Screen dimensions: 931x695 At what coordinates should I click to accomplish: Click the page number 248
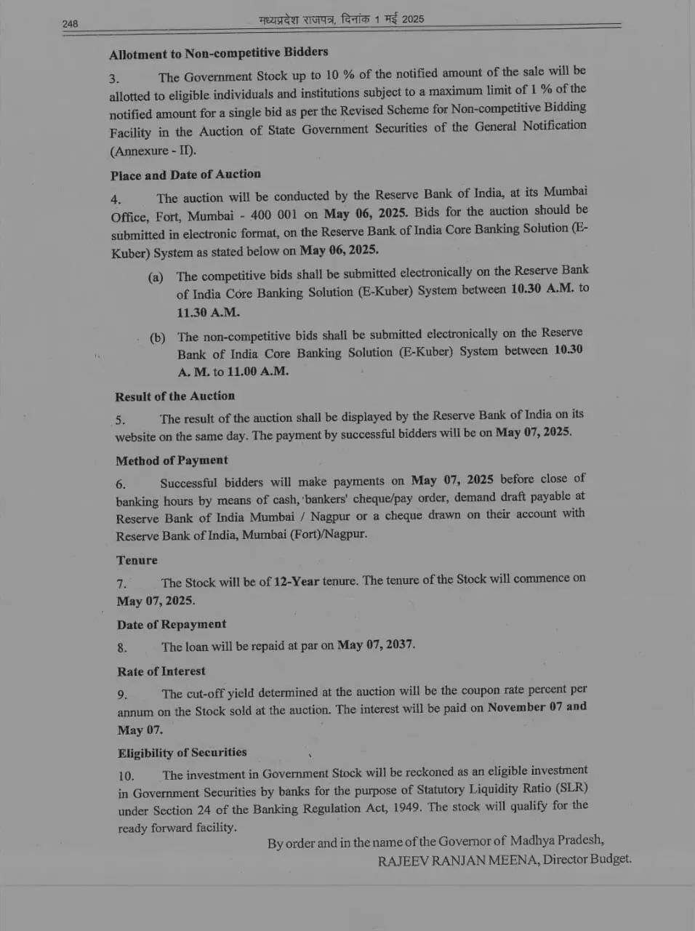coord(70,24)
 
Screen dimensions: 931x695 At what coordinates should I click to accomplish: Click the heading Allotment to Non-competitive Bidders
coord(218,53)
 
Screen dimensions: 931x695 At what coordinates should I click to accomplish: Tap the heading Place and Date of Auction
coord(185,175)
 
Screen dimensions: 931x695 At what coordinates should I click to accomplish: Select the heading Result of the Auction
coord(174,396)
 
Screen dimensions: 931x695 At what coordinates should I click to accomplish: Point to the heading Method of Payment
coord(172,460)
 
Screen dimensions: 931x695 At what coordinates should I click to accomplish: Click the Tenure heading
coord(137,560)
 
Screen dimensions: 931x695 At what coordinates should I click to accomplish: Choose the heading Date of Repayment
coord(172,624)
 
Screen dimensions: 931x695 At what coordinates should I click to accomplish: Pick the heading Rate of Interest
coord(161,671)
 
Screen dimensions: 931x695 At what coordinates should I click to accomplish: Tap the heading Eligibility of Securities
coord(182,753)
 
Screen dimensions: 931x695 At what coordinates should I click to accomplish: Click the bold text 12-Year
coord(297,581)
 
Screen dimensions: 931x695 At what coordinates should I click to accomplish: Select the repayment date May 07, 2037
coord(377,645)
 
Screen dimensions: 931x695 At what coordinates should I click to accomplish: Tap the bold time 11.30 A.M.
coord(208,313)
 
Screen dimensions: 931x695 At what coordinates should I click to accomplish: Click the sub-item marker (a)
coord(156,277)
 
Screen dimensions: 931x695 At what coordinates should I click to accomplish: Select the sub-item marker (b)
coord(157,337)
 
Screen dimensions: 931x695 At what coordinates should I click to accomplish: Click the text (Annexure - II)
coord(153,151)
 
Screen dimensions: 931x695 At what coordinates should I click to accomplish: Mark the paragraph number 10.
coord(126,775)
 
